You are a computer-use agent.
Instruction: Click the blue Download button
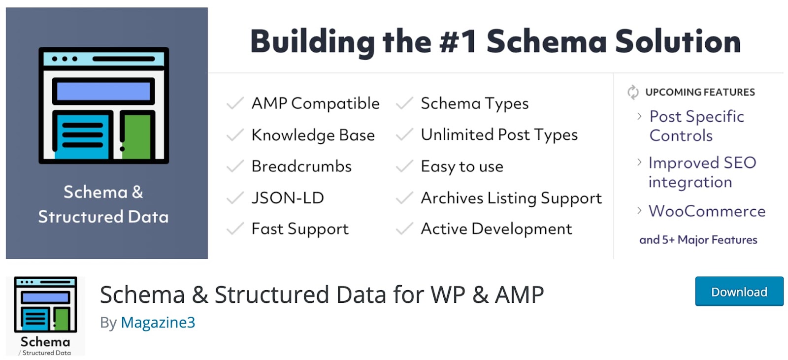(x=739, y=292)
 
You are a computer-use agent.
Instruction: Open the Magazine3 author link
(x=158, y=323)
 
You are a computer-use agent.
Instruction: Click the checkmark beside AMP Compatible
(x=235, y=103)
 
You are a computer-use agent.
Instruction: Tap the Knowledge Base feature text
(x=313, y=135)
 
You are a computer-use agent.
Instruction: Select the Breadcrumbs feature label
(x=301, y=166)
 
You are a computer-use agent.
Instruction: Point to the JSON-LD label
(x=288, y=198)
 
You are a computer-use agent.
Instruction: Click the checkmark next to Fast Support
(x=235, y=229)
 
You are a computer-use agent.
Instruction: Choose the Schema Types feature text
(x=475, y=103)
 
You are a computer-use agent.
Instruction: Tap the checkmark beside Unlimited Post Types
(x=404, y=134)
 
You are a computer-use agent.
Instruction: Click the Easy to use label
(x=462, y=166)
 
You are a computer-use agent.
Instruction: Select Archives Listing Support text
(x=511, y=198)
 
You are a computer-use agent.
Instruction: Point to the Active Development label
(x=496, y=229)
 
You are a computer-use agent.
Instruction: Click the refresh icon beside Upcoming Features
(x=633, y=92)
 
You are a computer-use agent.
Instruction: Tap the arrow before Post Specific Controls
(x=640, y=116)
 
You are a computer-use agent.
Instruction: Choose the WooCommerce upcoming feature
(x=707, y=211)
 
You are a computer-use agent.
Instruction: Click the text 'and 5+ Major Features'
(x=698, y=240)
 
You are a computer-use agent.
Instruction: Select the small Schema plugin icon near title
(x=45, y=316)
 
